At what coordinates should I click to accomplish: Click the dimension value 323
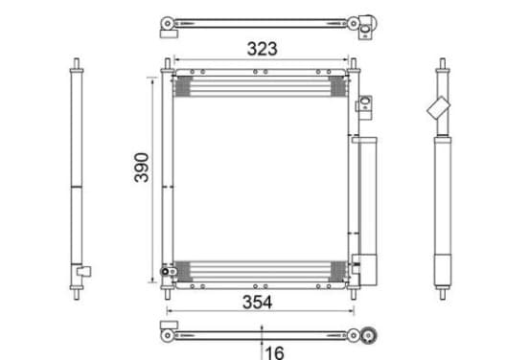263,49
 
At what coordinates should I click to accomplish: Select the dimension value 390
142,168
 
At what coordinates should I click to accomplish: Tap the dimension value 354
257,302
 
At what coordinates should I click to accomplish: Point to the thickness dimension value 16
275,353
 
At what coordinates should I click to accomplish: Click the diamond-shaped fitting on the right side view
439,107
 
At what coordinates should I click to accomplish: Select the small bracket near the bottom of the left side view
83,271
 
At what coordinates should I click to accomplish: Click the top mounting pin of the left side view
77,63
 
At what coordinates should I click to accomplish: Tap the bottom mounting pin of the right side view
443,294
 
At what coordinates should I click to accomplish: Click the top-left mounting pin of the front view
168,63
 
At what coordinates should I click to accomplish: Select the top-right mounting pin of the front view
354,63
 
